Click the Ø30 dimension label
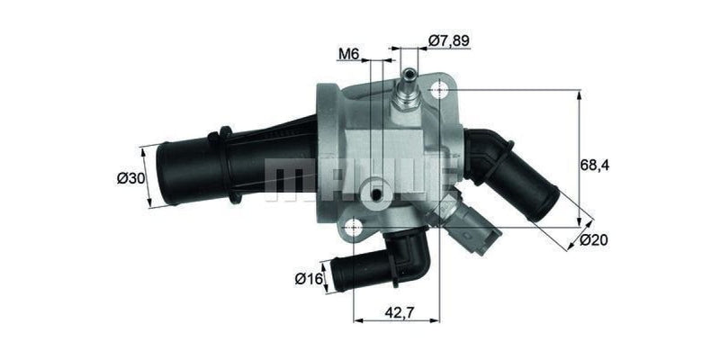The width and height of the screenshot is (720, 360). [x=130, y=178]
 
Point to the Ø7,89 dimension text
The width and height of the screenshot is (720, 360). [x=450, y=40]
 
